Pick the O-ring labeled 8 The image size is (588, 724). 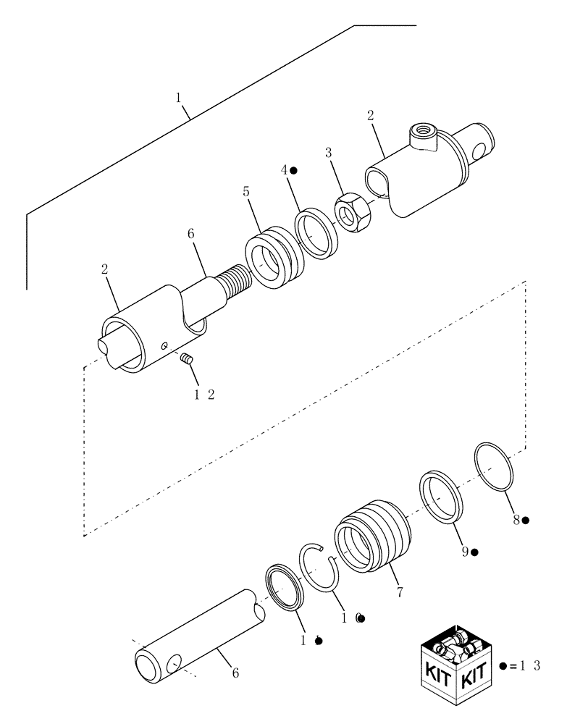(x=495, y=466)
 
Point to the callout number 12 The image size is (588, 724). (x=203, y=395)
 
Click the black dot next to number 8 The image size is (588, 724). (x=526, y=520)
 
